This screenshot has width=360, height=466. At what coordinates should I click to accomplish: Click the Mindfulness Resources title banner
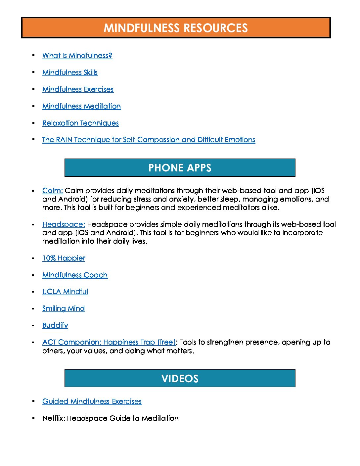coord(176,28)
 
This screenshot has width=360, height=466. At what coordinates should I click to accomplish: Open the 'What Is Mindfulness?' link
coord(77,56)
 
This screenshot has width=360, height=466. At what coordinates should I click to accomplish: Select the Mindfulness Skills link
coord(70,72)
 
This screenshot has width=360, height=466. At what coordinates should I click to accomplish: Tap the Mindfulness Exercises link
coord(78,89)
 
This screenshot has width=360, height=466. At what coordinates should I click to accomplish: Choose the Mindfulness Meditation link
coord(81,106)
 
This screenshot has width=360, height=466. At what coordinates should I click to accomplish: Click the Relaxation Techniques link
coord(80,123)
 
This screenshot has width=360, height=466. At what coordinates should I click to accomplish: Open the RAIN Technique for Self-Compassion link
coord(149,140)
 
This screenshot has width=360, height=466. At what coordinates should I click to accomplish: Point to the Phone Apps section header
coord(180,168)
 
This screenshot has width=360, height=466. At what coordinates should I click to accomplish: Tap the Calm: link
coord(52,191)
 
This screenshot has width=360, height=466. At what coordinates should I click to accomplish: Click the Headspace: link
coord(64,224)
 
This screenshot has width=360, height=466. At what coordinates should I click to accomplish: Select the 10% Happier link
coord(64,258)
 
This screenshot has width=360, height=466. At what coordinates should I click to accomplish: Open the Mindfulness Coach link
coord(75,275)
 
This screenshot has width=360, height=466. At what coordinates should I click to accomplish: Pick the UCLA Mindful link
coord(65,292)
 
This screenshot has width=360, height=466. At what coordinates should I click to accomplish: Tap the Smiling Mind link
coord(64,308)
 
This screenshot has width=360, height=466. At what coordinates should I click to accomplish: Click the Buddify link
coord(55,325)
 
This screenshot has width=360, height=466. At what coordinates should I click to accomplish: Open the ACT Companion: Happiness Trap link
coord(109,342)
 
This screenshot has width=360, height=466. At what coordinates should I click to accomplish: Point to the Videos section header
coord(180,379)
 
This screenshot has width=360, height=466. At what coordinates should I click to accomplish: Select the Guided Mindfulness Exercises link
coord(92,401)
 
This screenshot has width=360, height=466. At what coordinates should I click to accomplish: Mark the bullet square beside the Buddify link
coord(33,326)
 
